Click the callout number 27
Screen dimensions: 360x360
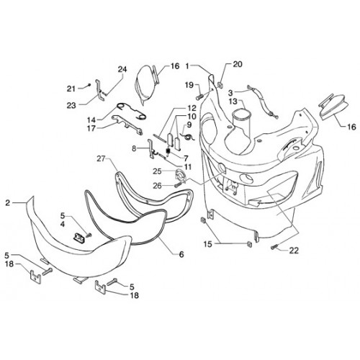tap(102, 158)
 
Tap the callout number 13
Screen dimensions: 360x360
tap(233, 102)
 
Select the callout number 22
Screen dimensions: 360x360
tap(294, 251)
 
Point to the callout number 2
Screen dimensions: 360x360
tap(8, 203)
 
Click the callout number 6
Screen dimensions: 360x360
tap(181, 254)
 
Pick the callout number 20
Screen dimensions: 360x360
tap(238, 64)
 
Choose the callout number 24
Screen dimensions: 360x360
tap(122, 69)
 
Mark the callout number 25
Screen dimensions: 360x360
tap(157, 171)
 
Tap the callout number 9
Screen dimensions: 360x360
tap(189, 125)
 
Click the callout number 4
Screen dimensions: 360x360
tap(63, 225)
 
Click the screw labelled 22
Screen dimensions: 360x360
tap(274, 247)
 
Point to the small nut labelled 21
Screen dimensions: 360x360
tap(89, 85)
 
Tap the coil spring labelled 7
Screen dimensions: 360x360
tap(168, 151)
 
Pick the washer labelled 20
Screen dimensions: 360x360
tap(220, 84)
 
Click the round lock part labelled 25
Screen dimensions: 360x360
tap(180, 176)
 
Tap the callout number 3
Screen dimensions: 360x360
tap(230, 93)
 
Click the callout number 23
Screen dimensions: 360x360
tap(71, 105)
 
